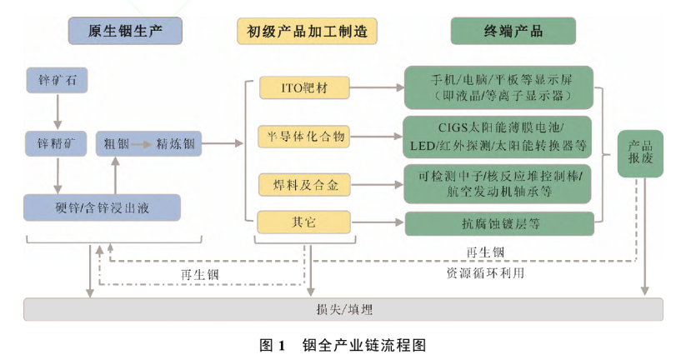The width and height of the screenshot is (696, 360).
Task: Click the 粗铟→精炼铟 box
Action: click(149, 142)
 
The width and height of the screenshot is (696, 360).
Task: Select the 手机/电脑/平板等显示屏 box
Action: click(498, 87)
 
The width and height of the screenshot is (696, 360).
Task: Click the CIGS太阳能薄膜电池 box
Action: click(498, 135)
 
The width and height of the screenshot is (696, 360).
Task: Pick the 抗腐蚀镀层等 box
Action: click(498, 223)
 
